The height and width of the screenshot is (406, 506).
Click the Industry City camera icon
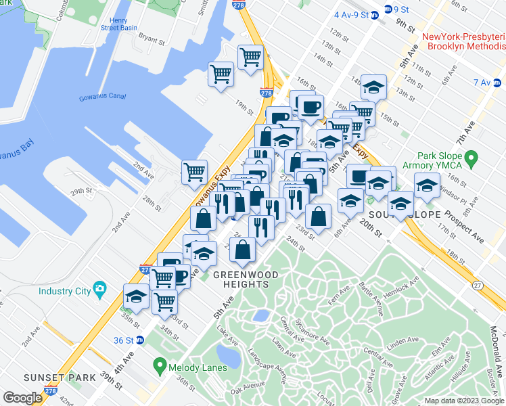(100, 290)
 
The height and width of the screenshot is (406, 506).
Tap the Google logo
(23, 397)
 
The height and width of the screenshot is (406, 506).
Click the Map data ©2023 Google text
(463, 401)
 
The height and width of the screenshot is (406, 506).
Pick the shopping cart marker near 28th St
(195, 172)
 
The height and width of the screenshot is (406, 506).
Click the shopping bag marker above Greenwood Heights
(243, 250)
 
